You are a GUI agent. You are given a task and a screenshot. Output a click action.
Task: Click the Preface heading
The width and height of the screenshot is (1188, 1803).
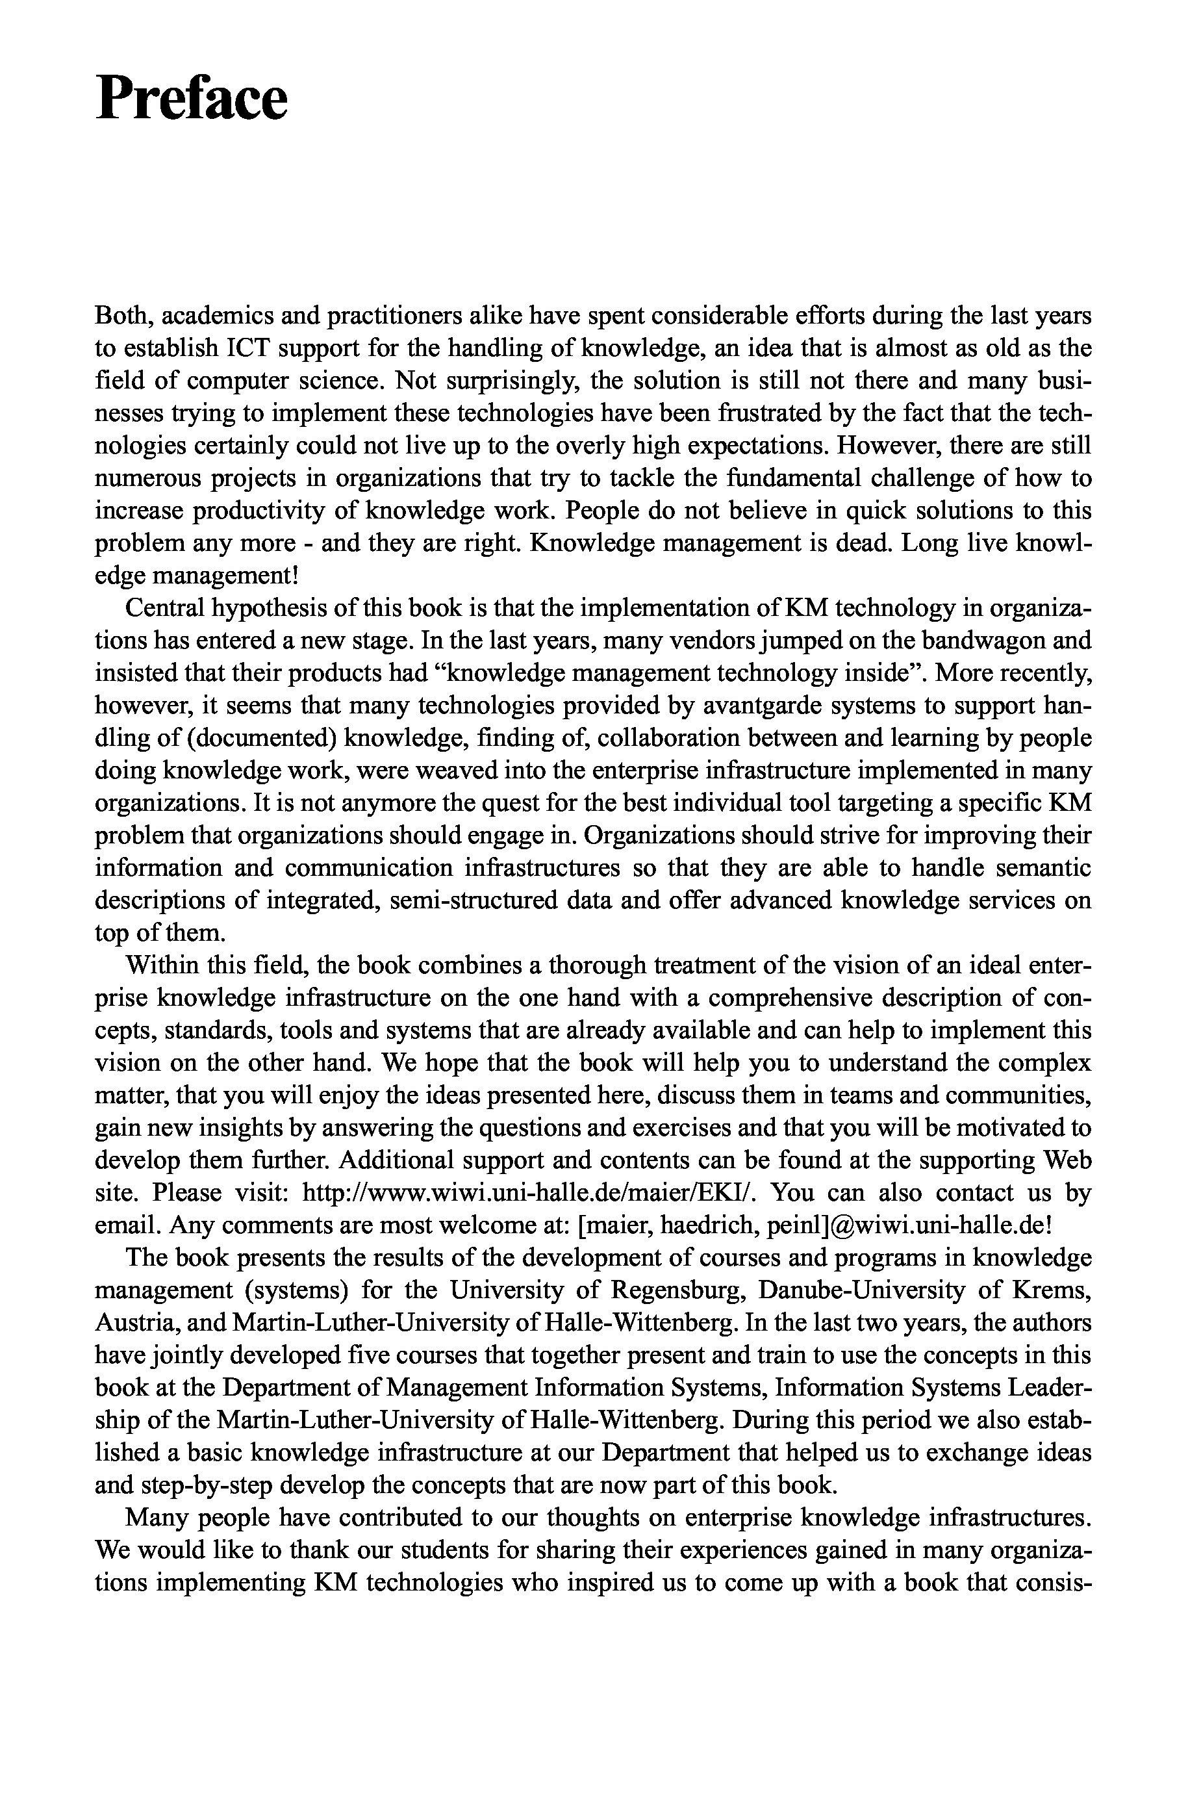(x=192, y=99)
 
